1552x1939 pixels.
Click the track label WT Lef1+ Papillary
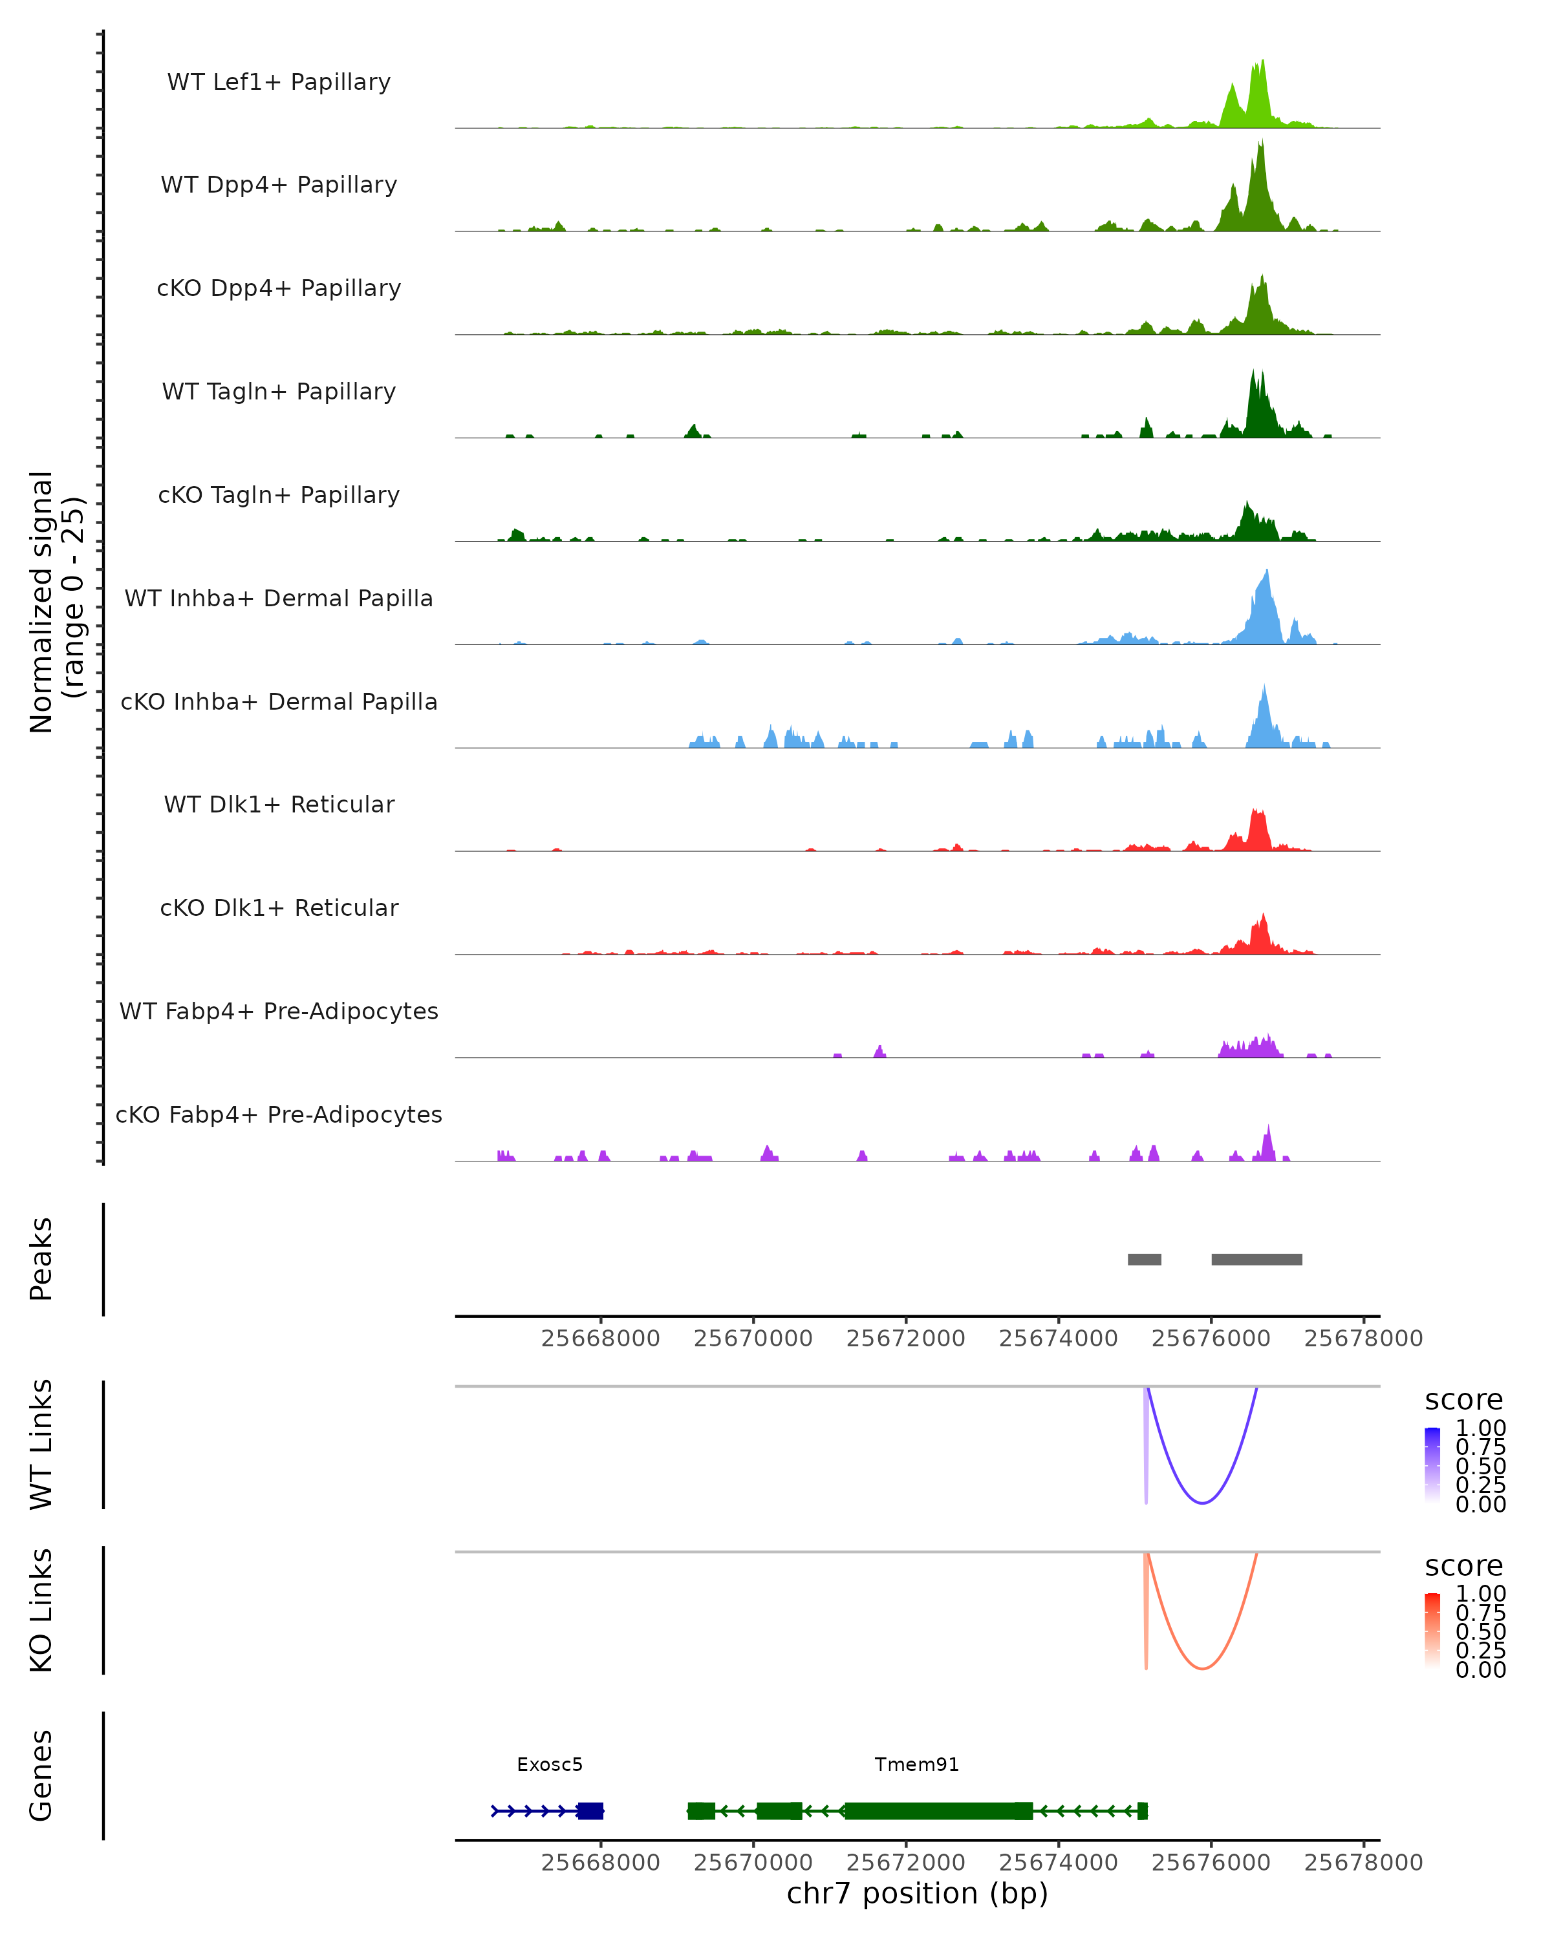click(x=279, y=82)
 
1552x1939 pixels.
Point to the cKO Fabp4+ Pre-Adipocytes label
click(x=279, y=1114)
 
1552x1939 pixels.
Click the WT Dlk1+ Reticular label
click(x=279, y=804)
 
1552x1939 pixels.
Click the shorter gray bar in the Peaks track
click(x=1145, y=1259)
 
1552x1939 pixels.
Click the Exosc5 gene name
click(x=550, y=1764)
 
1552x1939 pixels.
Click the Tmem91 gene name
click(x=917, y=1764)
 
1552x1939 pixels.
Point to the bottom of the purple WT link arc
click(x=1202, y=1503)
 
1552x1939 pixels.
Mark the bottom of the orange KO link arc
click(x=1202, y=1668)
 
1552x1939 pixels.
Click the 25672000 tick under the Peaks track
click(x=906, y=1339)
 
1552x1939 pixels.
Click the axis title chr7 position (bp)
click(x=917, y=1893)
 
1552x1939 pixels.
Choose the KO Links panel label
click(x=41, y=1610)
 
